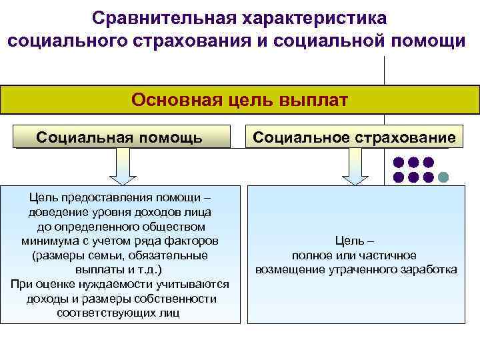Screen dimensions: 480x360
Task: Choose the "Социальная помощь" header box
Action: pos(120,137)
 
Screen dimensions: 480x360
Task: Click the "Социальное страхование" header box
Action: pos(355,137)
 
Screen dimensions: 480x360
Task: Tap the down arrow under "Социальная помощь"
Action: pos(123,166)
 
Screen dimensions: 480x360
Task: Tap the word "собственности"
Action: pos(181,298)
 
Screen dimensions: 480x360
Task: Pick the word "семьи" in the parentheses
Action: pos(97,255)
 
